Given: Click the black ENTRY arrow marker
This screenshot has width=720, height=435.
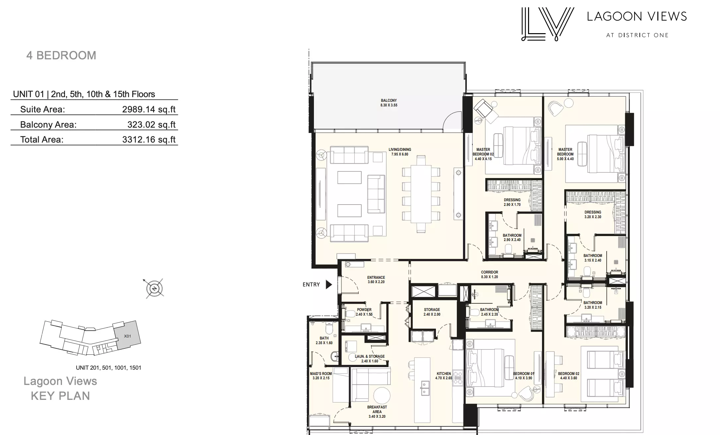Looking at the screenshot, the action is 329,284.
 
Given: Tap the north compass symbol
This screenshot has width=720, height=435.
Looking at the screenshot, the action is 154,288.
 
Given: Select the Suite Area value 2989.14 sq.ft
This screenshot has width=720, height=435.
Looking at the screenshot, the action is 149,109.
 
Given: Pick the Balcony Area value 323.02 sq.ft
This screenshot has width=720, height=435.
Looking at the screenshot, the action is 151,125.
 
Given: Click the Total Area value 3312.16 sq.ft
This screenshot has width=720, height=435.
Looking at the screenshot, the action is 149,140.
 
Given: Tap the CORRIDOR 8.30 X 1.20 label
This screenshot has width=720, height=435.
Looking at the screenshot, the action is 490,275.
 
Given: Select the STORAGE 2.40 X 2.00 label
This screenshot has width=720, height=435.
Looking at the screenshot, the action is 432,312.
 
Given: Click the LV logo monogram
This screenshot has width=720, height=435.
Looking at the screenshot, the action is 547,24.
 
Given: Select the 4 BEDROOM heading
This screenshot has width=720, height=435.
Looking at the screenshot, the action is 61,55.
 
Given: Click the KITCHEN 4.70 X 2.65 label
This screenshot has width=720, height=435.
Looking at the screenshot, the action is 444,376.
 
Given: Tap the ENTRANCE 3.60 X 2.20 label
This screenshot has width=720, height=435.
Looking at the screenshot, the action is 376,280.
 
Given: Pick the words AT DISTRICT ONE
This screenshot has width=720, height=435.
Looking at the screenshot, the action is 637,35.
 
